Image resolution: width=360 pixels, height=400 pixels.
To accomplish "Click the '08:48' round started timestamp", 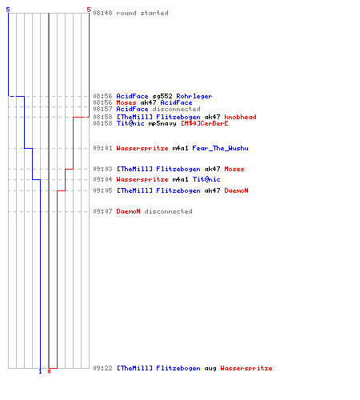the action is (102, 13).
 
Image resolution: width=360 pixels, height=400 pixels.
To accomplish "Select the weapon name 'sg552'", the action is (162, 96).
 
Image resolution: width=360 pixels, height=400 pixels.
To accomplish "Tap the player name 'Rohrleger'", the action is (194, 96).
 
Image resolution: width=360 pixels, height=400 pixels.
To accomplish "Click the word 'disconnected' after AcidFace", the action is (176, 109).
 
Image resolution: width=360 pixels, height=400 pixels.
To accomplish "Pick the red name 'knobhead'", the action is (240, 117).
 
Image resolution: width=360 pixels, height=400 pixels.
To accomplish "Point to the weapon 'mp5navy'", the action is (162, 123).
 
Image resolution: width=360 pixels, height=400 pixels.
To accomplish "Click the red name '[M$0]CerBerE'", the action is (205, 123).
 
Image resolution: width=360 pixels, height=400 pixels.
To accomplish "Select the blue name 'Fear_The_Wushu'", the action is (220, 148).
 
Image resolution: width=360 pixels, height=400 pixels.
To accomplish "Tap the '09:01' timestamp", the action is (102, 148).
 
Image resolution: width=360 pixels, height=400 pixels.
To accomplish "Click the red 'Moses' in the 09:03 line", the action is (234, 169).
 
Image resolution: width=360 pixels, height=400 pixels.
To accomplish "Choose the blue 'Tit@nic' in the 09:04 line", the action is (206, 179).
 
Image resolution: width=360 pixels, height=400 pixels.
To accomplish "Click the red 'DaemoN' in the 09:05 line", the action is (236, 190).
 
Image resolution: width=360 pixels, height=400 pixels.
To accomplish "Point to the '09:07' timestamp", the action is (102, 211).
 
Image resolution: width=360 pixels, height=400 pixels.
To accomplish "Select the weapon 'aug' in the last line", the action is (210, 369).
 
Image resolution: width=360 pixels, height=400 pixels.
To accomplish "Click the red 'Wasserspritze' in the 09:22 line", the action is (246, 368).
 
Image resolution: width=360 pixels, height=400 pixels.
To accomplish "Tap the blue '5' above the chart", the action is (8, 10).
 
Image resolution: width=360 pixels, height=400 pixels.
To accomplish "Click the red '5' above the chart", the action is (89, 10).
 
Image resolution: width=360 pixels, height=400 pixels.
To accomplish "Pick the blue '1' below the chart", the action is (40, 371).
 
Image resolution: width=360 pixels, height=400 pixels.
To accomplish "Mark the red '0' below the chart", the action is (49, 371).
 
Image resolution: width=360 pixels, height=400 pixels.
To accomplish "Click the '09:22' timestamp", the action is (102, 368).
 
